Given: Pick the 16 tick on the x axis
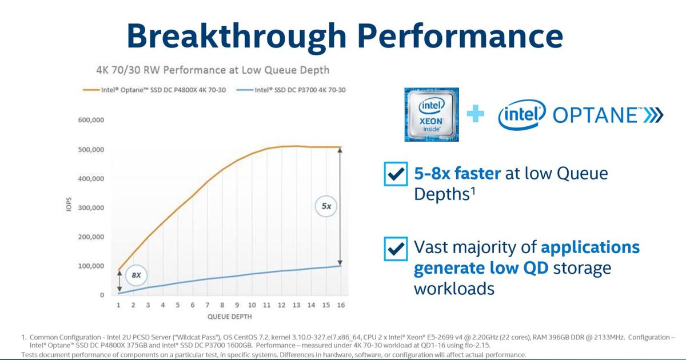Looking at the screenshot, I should click(341, 305).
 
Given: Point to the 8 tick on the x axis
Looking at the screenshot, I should click(222, 305).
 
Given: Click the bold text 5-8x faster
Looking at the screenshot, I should click(457, 174).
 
